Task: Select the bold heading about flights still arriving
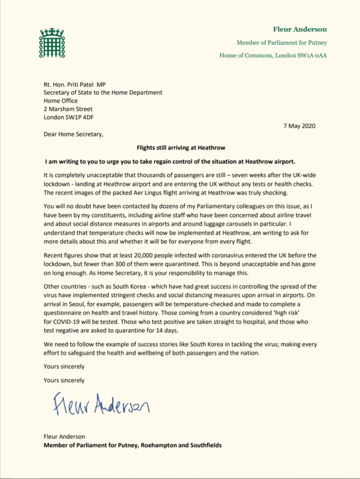(x=181, y=148)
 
